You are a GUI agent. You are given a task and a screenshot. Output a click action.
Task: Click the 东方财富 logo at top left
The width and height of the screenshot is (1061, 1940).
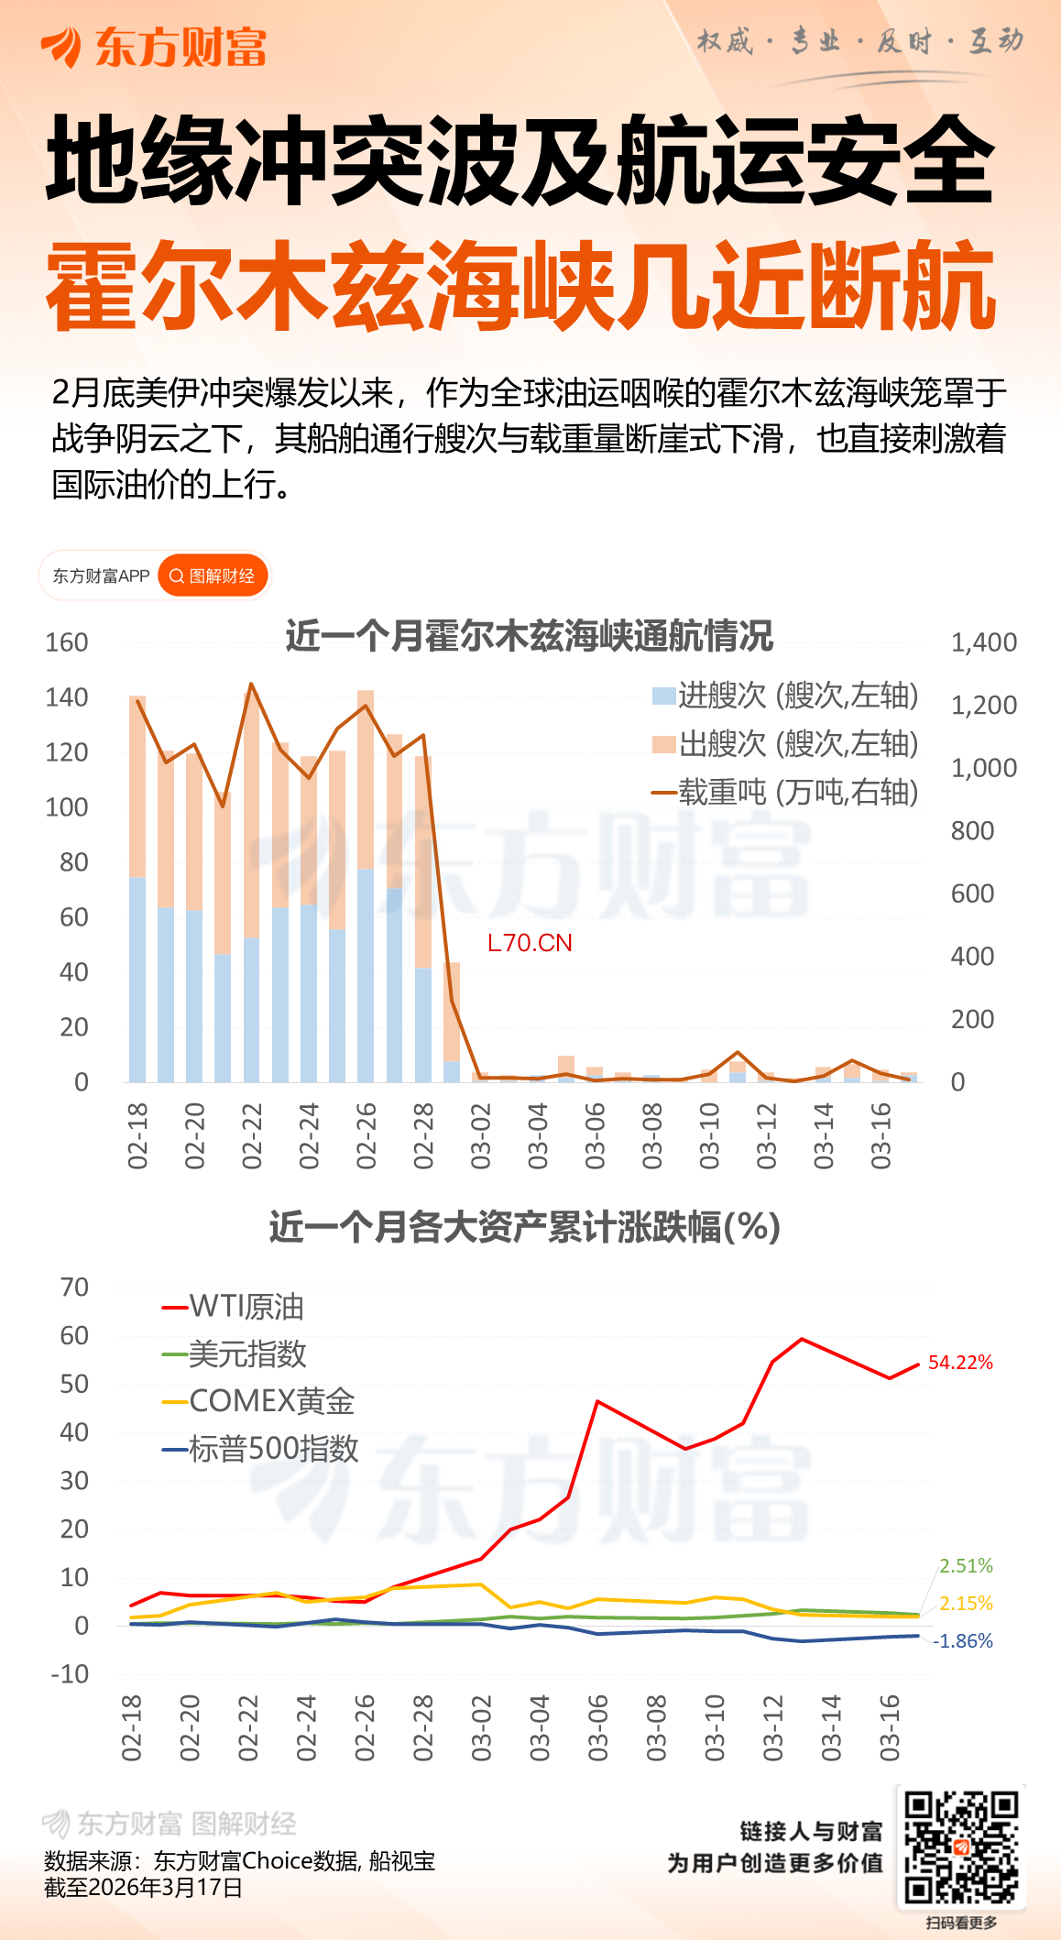point(153,47)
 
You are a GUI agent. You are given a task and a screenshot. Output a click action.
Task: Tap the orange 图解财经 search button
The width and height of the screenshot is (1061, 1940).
point(213,575)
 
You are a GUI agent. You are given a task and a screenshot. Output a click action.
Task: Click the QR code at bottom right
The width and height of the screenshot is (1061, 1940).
point(961,1846)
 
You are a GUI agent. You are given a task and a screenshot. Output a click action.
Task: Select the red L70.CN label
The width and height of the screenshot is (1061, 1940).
point(530,943)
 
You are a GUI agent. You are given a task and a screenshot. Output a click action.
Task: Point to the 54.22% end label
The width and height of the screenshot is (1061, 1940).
point(960,1363)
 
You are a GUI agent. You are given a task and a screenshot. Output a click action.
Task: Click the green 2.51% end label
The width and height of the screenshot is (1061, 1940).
point(966,1565)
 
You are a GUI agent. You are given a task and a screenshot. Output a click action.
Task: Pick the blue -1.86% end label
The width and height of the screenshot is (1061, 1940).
point(963,1640)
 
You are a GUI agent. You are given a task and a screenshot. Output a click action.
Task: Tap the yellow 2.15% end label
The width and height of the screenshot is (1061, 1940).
point(966,1603)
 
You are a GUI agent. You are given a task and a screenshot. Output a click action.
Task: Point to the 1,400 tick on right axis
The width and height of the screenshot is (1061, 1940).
point(984,642)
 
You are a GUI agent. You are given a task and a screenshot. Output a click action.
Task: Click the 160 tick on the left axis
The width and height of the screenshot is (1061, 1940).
point(67,642)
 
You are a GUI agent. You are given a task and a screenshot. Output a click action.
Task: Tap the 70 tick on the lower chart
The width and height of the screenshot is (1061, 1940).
point(74,1288)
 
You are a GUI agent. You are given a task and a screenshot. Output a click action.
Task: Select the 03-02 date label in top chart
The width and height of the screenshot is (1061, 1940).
point(481,1136)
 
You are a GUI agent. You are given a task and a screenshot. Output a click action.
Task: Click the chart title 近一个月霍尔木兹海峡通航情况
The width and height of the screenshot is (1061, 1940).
point(530,636)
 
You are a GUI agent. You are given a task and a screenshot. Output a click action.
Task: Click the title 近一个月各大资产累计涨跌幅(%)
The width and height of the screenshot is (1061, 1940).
point(524,1227)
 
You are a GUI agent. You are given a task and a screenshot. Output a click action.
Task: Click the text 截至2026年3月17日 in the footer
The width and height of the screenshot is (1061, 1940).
point(143,1888)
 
